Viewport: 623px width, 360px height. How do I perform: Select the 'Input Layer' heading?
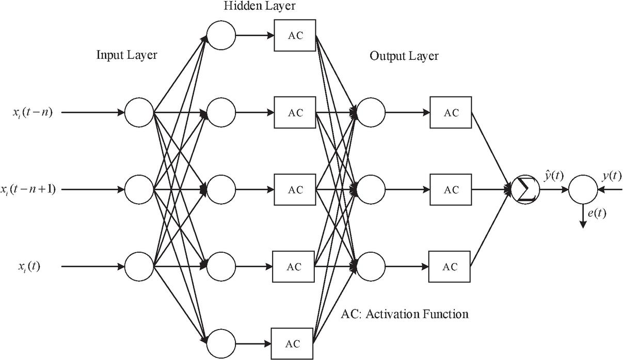(x=127, y=55)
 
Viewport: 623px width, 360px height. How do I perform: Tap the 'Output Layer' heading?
(x=404, y=56)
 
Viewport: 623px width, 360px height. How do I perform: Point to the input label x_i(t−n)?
(x=32, y=112)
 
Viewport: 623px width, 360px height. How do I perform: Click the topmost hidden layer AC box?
(x=295, y=36)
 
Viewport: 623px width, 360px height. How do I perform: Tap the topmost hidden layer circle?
(x=221, y=36)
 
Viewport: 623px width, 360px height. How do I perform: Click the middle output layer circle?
(x=371, y=190)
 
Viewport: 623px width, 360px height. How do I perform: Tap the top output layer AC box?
(x=451, y=113)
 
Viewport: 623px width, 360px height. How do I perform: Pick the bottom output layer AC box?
(x=451, y=267)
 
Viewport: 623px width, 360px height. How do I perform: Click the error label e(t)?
(x=596, y=213)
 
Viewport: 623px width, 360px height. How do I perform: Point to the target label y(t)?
(x=612, y=176)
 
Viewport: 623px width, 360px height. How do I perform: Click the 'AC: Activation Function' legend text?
(x=405, y=314)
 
